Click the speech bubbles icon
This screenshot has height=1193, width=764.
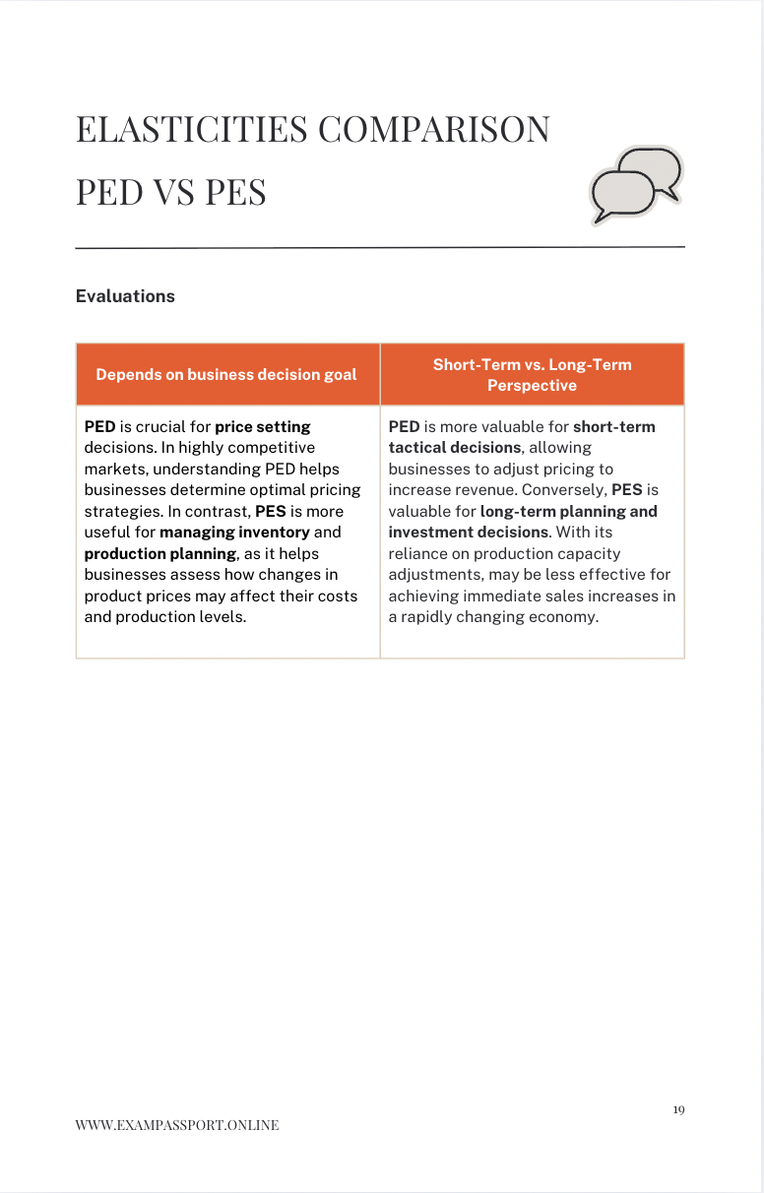pyautogui.click(x=635, y=185)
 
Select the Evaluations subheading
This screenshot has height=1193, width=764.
pyautogui.click(x=125, y=296)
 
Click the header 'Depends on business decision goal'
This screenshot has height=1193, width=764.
pyautogui.click(x=226, y=374)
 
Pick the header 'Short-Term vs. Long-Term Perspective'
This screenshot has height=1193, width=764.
pyautogui.click(x=532, y=374)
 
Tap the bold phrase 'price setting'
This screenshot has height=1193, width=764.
pyautogui.click(x=263, y=427)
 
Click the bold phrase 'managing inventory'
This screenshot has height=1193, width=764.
pyautogui.click(x=234, y=533)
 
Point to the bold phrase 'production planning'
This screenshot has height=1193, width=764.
pyautogui.click(x=160, y=553)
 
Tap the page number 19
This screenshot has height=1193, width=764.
pyautogui.click(x=678, y=1109)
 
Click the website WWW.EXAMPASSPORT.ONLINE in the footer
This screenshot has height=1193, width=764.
pyautogui.click(x=177, y=1125)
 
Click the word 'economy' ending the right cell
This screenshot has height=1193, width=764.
pyautogui.click(x=566, y=617)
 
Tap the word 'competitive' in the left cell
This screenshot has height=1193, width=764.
pyautogui.click(x=270, y=448)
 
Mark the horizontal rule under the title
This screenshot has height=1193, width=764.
pyautogui.click(x=380, y=247)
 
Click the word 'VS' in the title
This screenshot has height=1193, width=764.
pyautogui.click(x=174, y=192)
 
